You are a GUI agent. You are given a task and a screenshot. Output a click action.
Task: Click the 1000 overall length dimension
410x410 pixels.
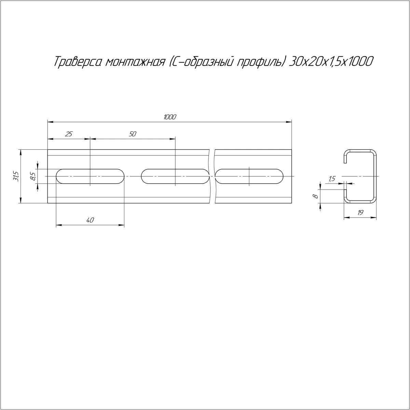(170, 117)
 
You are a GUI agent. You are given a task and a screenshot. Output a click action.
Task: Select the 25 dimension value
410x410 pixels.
(69, 134)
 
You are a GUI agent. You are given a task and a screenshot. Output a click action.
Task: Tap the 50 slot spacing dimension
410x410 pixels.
(132, 134)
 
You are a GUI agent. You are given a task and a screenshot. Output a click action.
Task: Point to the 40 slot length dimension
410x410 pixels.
(90, 220)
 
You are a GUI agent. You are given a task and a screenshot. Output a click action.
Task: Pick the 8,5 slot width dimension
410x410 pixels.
(33, 176)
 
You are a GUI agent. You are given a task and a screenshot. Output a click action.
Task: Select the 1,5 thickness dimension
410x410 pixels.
(332, 179)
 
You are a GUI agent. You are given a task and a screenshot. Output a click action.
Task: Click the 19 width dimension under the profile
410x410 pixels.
(360, 213)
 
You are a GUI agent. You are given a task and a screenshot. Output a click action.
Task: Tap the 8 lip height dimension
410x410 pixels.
(316, 196)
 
